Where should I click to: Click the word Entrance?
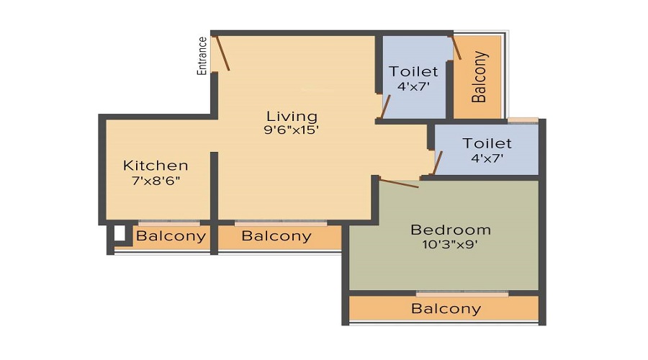point(202,56)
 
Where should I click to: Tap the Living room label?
point(292,116)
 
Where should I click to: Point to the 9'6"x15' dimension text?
point(292,131)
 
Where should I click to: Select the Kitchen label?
point(156,166)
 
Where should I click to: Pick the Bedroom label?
point(451,230)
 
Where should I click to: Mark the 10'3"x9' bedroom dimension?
point(451,244)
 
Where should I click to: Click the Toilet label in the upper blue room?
point(413,71)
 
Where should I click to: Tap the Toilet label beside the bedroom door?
point(487,143)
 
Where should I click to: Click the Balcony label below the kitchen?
point(171,235)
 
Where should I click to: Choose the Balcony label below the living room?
point(276,235)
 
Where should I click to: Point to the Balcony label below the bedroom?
point(446,309)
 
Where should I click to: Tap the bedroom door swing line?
point(399,184)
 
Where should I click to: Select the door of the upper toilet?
point(386,106)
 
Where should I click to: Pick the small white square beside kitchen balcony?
point(120,233)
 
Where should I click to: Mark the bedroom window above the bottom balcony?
point(462,293)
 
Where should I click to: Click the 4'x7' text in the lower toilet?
point(487,158)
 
